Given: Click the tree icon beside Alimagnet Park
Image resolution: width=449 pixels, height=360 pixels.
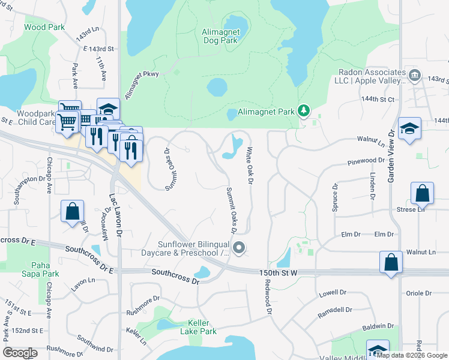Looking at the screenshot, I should tap(304, 110).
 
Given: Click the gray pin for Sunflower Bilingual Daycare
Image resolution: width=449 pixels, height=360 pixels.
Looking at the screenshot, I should tap(239, 248).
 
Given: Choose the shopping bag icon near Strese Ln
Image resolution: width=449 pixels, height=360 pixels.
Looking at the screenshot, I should tap(423, 193).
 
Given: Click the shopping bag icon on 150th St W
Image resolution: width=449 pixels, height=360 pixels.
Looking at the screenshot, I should tap(391, 262).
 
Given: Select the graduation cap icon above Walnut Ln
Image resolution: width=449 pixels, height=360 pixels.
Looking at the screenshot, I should tap(409, 128).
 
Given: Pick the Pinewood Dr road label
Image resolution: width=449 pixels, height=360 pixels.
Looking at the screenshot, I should tap(366, 161).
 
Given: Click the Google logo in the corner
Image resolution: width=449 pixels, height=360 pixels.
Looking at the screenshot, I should tap(20, 353).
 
